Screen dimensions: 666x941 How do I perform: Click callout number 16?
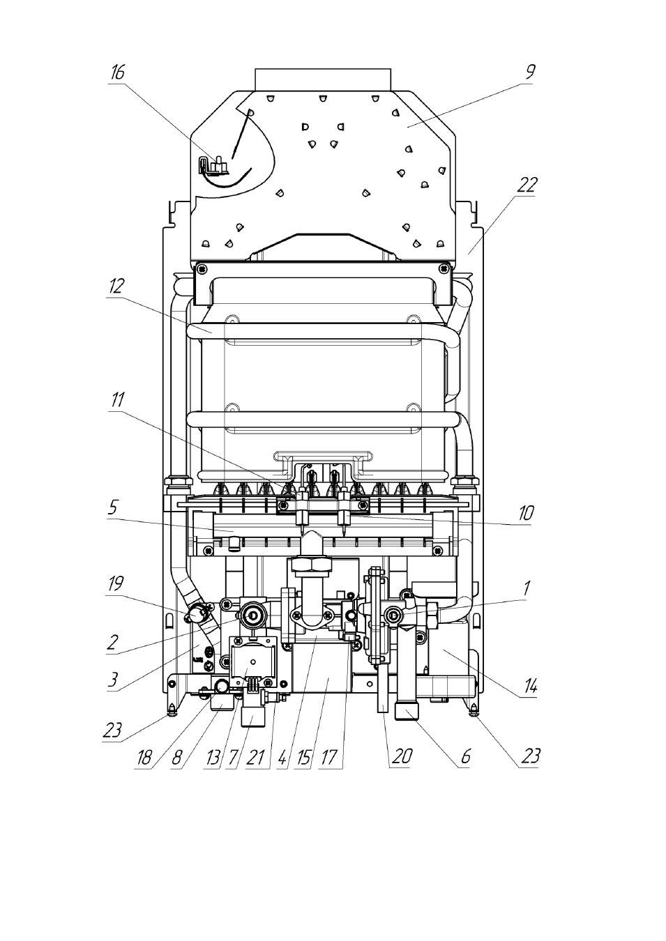[x=118, y=72]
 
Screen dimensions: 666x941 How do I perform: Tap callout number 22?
[x=527, y=185]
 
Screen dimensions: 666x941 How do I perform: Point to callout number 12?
[x=116, y=286]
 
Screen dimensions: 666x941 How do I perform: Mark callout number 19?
[x=116, y=583]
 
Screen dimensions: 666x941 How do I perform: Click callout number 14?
[x=530, y=687]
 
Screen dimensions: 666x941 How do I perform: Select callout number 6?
[x=465, y=756]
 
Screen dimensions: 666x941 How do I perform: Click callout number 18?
[x=144, y=758]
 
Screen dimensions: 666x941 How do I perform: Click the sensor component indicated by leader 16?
[x=215, y=165]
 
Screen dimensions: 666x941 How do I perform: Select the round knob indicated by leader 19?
[x=195, y=614]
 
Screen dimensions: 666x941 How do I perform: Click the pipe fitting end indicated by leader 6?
[x=407, y=712]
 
